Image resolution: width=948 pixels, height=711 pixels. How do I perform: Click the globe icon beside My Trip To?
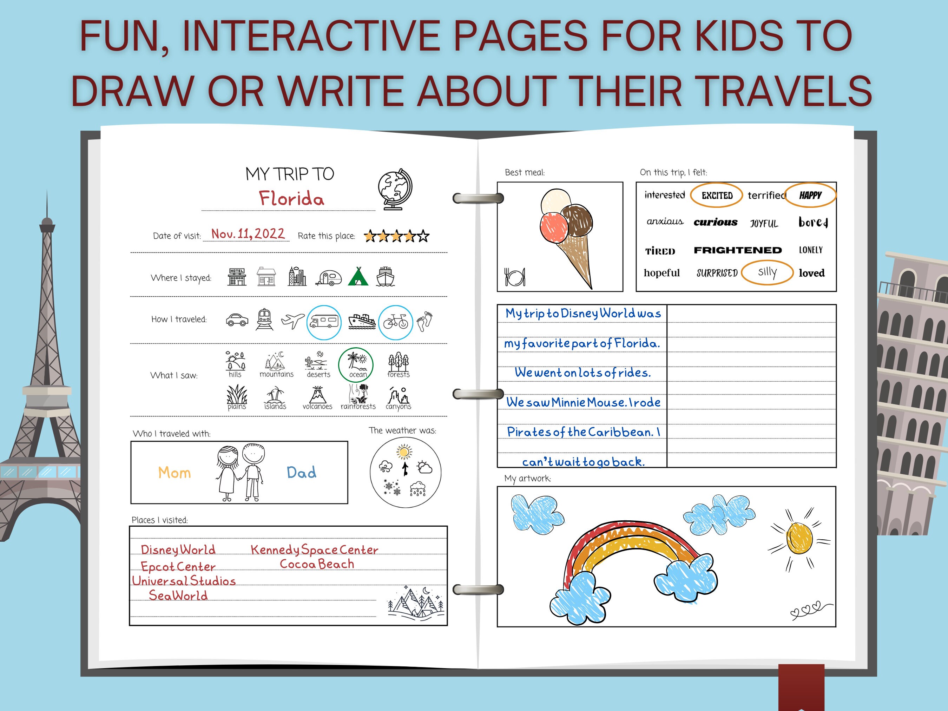click(x=395, y=189)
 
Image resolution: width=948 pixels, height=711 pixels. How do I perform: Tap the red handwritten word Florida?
click(x=291, y=199)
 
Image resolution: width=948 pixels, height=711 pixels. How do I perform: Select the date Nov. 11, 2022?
click(x=248, y=234)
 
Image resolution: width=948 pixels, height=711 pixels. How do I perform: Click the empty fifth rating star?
click(x=423, y=236)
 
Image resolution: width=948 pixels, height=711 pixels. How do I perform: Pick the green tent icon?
click(x=358, y=276)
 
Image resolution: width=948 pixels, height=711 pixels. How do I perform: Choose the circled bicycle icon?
click(x=395, y=322)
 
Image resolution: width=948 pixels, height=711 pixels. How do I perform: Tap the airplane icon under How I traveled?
click(x=293, y=320)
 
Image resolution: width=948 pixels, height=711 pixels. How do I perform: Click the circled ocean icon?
click(x=356, y=364)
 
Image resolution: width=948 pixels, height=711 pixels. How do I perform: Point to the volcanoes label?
click(x=317, y=406)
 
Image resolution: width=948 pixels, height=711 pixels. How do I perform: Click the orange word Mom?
click(x=175, y=473)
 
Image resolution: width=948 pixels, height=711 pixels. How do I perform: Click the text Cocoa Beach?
click(x=317, y=564)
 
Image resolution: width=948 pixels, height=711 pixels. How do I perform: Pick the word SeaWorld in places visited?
click(x=178, y=595)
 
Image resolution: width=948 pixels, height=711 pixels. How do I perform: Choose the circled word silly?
click(x=767, y=272)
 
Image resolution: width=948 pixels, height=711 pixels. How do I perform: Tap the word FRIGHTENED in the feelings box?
click(x=738, y=250)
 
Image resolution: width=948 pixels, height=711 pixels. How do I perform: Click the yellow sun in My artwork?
click(x=799, y=538)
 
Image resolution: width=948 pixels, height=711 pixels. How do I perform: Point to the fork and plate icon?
click(x=515, y=277)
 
